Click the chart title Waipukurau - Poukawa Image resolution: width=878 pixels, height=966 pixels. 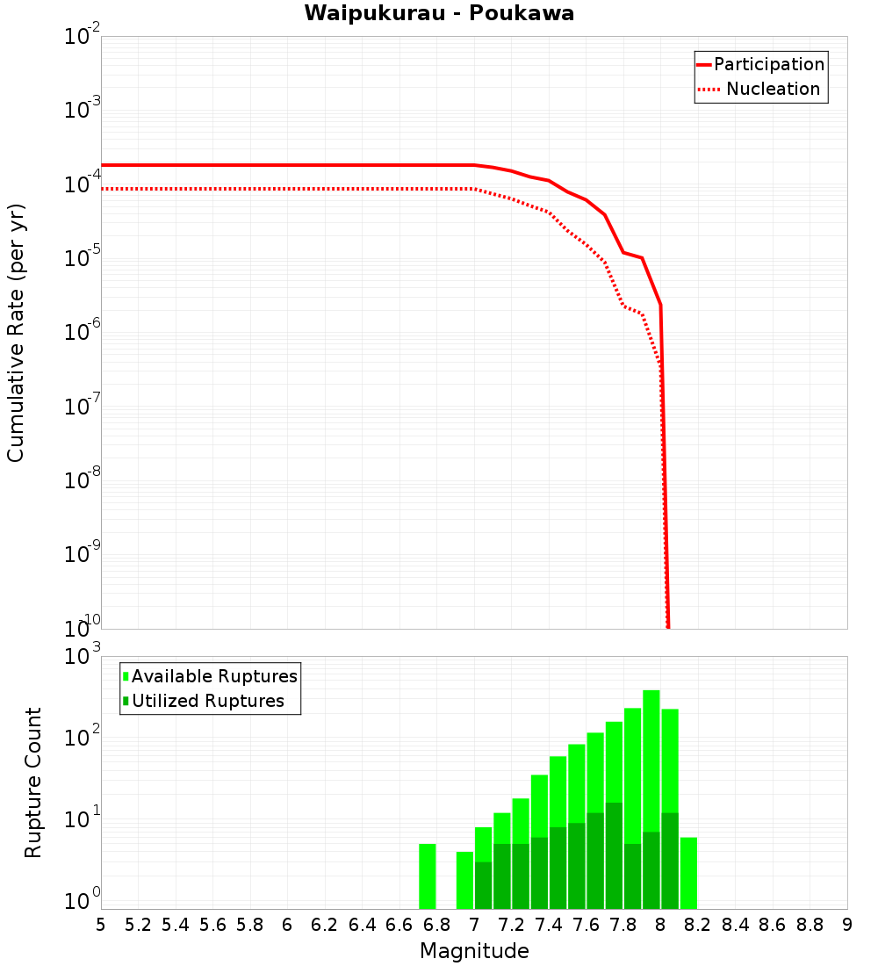point(439,14)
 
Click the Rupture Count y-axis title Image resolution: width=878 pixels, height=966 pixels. point(33,782)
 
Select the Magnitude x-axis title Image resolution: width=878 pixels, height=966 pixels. point(474,951)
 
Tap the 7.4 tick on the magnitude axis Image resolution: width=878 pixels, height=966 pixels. point(549,925)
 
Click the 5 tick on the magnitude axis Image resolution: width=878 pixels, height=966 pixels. point(101,925)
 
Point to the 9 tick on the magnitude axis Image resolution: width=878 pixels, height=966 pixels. point(847,925)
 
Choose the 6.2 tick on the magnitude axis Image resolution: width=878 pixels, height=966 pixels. point(325,925)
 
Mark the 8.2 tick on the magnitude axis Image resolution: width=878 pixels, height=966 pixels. point(698,925)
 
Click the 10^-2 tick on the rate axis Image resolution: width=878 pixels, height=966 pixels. point(83,37)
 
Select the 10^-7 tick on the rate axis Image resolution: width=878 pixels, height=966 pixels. point(83,407)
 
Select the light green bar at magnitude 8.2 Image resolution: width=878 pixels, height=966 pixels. point(688,873)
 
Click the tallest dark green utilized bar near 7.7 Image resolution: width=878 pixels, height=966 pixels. point(614,855)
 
